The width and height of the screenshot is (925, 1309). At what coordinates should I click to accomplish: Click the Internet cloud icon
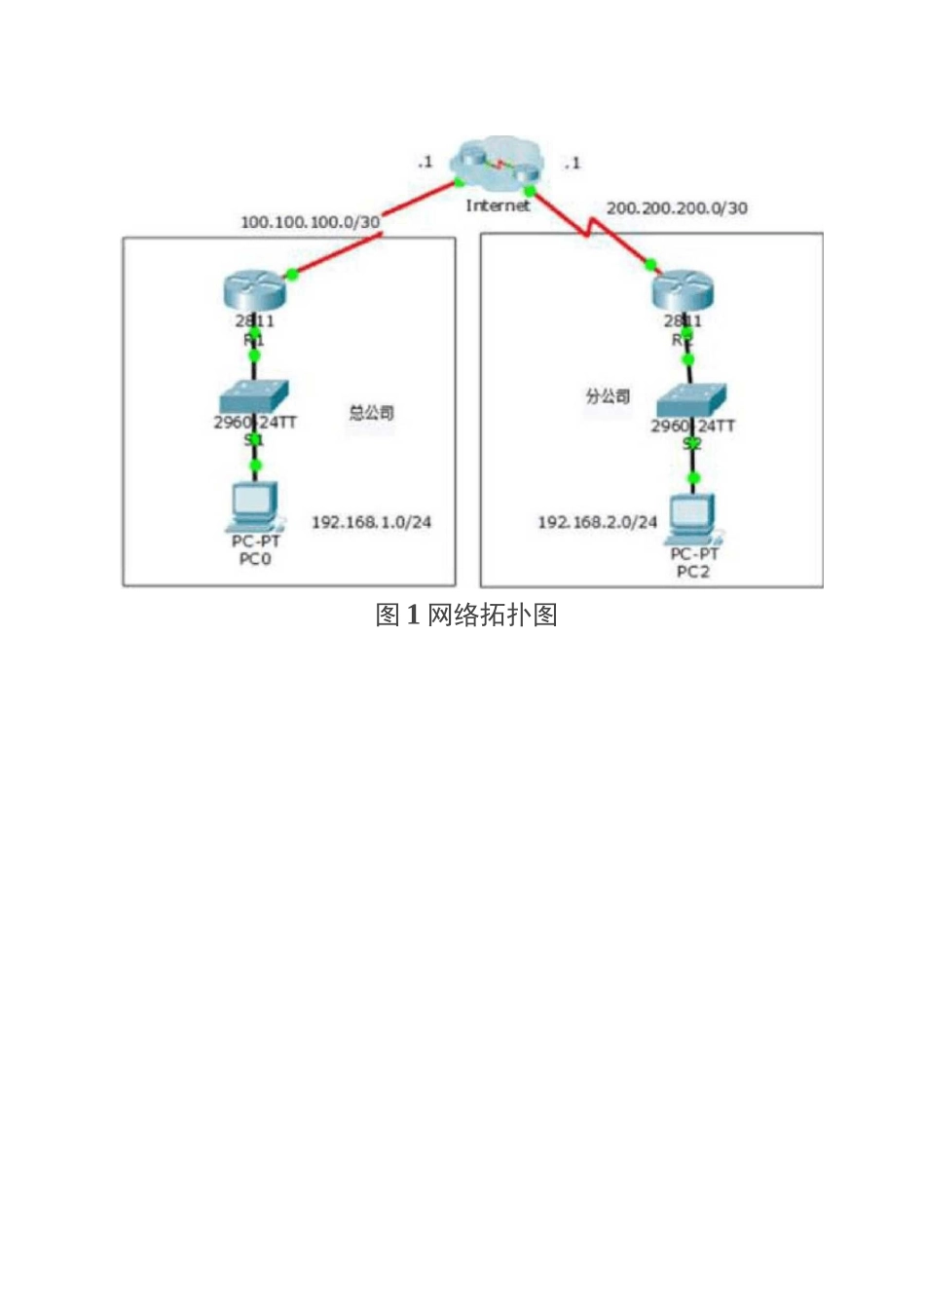(x=497, y=166)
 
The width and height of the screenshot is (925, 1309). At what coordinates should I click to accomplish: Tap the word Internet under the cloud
(x=498, y=206)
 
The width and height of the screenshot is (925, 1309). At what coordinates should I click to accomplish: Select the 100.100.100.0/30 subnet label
(x=310, y=222)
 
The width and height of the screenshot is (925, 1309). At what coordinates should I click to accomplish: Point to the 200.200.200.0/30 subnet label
(x=677, y=207)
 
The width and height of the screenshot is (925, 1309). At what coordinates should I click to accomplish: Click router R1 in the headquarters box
(x=254, y=290)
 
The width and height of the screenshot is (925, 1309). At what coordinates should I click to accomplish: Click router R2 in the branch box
(x=684, y=290)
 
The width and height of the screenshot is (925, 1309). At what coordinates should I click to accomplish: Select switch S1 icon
(x=253, y=396)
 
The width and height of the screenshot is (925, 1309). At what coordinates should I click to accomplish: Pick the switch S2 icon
(x=690, y=400)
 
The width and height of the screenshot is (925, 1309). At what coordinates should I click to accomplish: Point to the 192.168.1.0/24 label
(x=371, y=522)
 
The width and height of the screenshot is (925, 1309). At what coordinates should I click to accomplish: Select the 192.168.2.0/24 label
(x=597, y=522)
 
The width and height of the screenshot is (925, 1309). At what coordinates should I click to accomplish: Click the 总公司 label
(x=371, y=413)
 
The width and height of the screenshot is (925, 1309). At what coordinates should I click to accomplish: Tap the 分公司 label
(x=608, y=396)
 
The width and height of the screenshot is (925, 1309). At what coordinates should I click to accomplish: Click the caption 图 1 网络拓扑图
(x=466, y=615)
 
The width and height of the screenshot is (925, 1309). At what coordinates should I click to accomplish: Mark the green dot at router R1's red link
(x=290, y=274)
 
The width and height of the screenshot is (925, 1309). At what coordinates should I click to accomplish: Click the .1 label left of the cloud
(x=425, y=162)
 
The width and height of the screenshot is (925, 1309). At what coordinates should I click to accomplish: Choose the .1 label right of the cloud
(x=573, y=163)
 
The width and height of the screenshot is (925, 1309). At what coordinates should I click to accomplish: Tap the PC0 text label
(x=255, y=559)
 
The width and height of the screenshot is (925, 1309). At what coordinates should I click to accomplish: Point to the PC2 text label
(x=693, y=572)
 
